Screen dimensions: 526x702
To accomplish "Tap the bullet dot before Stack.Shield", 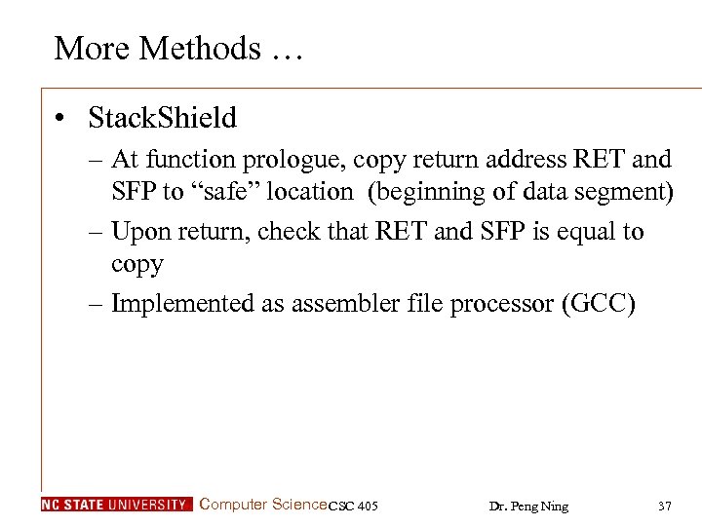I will coord(60,119).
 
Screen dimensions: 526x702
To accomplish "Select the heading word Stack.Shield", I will coord(162,118).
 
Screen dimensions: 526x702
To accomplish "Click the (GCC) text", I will coord(599,304).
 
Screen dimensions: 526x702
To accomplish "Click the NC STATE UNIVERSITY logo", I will coord(116,505).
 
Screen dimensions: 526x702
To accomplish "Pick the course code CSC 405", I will coord(353,506).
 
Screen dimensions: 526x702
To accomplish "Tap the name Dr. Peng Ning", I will coord(528,506).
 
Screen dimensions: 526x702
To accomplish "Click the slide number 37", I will coord(665,506).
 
